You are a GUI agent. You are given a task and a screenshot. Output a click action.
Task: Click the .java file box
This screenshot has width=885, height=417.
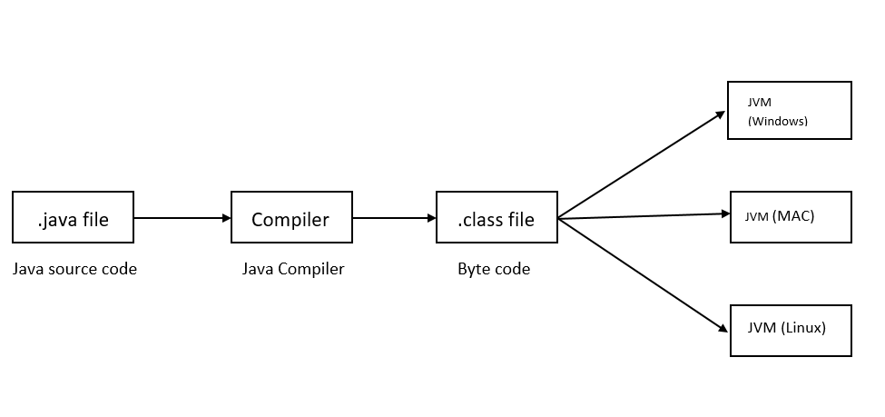(x=73, y=217)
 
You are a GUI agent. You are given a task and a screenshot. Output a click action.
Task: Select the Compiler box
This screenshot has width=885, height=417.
(x=290, y=217)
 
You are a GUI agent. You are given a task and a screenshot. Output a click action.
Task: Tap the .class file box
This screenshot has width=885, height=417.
(x=496, y=217)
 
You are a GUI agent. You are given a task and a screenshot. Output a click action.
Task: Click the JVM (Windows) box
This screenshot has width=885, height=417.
(x=789, y=110)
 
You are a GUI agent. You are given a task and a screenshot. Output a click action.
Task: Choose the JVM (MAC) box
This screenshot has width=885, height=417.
(x=791, y=216)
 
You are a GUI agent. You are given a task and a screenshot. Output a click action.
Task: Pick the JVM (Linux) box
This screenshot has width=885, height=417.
(x=791, y=328)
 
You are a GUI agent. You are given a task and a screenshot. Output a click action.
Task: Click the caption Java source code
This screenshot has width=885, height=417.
(x=74, y=269)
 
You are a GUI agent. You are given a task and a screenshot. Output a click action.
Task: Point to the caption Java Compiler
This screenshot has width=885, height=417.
(x=292, y=269)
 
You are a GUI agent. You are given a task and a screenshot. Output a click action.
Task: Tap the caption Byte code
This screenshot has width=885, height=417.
(x=494, y=269)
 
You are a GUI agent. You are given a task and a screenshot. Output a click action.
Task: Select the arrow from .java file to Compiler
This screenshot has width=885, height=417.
(x=182, y=218)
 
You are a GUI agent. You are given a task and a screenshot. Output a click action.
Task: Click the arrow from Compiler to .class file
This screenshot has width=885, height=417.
(x=393, y=218)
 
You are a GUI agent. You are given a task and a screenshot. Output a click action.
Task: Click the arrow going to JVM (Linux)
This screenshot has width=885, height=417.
(x=643, y=273)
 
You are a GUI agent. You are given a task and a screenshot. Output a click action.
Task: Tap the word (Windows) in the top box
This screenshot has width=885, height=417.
(x=777, y=120)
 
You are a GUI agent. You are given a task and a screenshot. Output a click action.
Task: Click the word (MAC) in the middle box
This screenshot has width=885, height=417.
(x=792, y=215)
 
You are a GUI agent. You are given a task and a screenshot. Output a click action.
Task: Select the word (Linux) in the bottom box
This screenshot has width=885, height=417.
(x=803, y=327)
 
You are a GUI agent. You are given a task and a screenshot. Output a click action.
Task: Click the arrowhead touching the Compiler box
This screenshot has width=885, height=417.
(x=226, y=218)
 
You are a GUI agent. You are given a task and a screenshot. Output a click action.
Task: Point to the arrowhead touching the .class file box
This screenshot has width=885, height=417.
(x=431, y=218)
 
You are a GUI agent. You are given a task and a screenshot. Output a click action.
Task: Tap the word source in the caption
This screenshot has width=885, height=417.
(x=72, y=269)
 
